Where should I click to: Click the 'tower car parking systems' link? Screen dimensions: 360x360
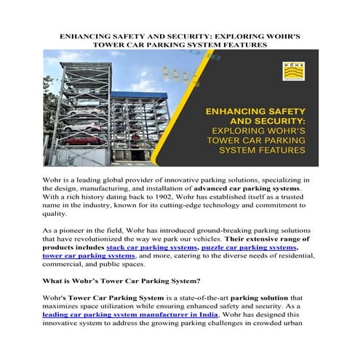89,257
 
